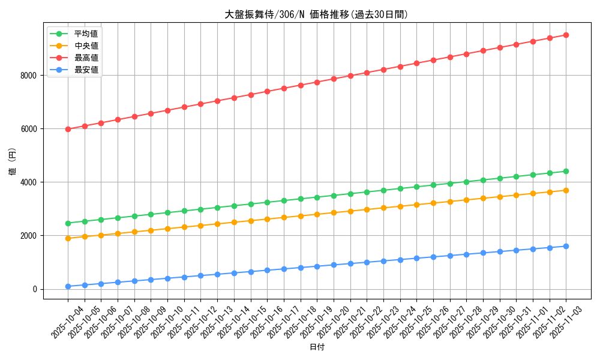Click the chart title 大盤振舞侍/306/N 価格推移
tap(316, 15)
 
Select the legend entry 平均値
tap(86, 34)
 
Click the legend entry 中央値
tap(86, 46)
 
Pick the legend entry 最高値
tap(86, 58)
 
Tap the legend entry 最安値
tap(86, 70)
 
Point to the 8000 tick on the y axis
tap(28, 76)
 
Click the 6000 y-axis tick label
tap(28, 129)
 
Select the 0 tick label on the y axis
tap(35, 289)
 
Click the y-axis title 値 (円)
tap(13, 162)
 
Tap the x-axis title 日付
tap(316, 347)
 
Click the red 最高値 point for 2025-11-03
tap(566, 35)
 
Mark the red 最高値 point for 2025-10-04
tap(68, 129)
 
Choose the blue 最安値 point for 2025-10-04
tap(68, 286)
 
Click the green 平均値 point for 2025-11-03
tap(566, 171)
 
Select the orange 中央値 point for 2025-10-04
tap(68, 238)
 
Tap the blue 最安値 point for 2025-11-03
tap(566, 246)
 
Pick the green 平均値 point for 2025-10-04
tap(68, 223)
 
